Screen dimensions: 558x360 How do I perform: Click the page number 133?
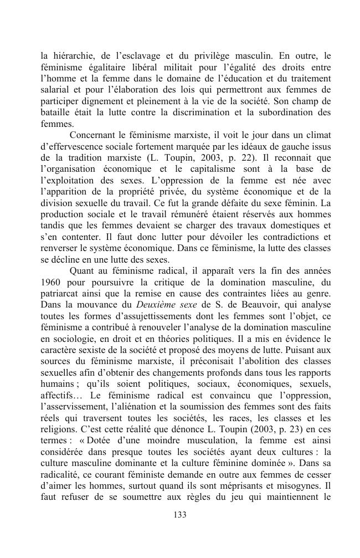(x=179, y=515)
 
